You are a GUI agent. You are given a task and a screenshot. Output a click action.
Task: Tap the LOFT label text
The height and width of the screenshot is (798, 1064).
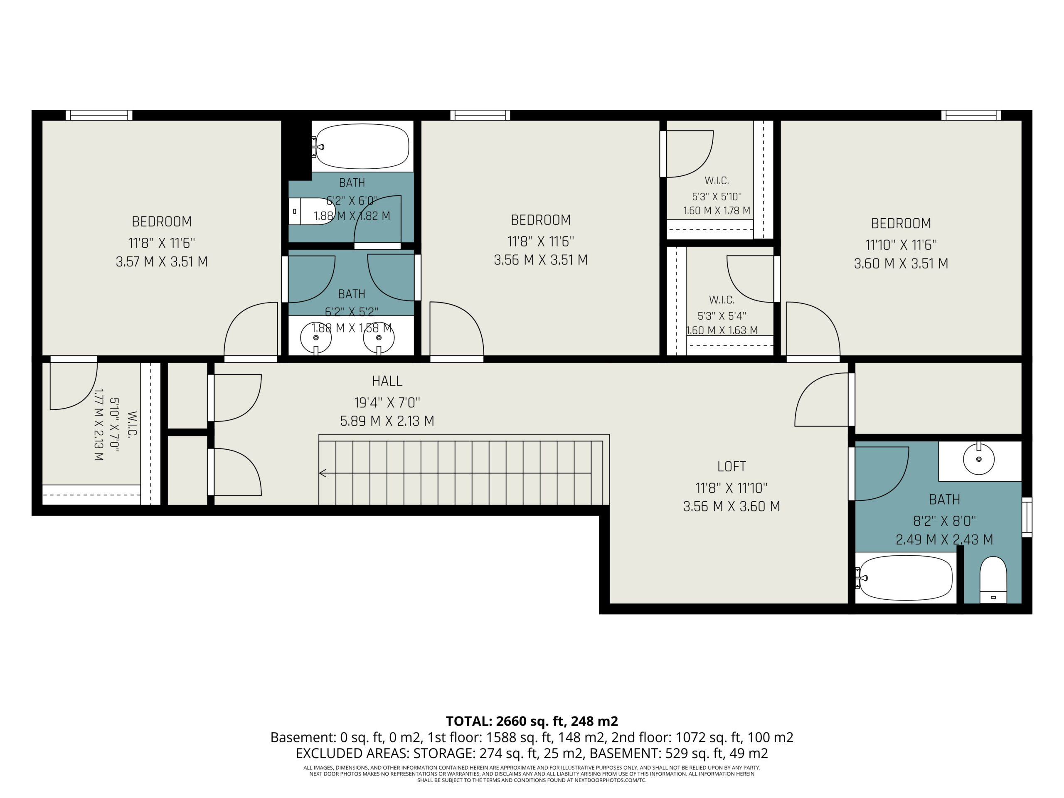[731, 467]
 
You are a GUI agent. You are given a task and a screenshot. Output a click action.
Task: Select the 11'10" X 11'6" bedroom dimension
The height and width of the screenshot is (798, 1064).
[901, 245]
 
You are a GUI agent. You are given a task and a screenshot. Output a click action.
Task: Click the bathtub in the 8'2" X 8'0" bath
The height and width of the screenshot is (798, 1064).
[905, 578]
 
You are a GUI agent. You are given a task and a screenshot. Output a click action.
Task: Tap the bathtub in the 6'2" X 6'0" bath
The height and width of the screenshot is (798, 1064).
[362, 146]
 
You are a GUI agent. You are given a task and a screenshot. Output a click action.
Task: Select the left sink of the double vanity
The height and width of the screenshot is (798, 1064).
[316, 337]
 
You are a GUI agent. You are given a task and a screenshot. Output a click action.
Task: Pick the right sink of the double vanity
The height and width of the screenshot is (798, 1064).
[379, 337]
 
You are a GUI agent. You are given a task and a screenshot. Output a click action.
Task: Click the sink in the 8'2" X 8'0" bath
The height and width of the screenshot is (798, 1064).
[979, 459]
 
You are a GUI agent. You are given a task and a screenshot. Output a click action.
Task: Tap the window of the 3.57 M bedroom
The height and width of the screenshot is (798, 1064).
[99, 115]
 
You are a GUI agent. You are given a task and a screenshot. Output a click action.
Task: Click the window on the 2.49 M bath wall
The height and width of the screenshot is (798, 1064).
[1027, 517]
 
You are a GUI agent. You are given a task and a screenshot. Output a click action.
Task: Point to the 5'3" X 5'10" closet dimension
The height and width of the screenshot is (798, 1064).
[717, 197]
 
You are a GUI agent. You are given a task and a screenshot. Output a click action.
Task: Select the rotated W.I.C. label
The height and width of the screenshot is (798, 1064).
[132, 424]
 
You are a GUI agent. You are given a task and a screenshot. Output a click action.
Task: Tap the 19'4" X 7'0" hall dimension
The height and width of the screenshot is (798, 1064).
[387, 402]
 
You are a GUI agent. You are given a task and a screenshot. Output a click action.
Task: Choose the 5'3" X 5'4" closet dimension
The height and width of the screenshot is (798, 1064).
[722, 316]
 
